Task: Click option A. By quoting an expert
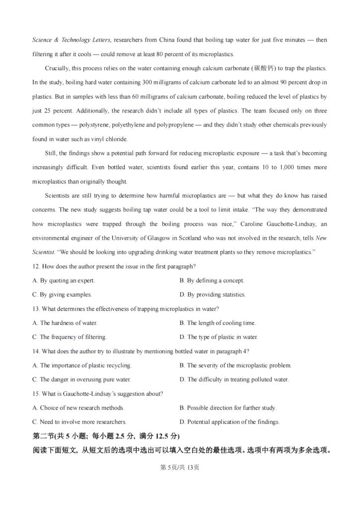(x=64, y=281)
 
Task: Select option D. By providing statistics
(x=213, y=295)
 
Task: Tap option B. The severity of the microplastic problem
(x=235, y=366)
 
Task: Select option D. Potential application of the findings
(x=229, y=422)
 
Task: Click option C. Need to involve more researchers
(x=79, y=422)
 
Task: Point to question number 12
(x=36, y=266)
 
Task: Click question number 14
(x=36, y=351)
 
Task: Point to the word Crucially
(x=58, y=67)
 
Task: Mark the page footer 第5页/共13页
(x=180, y=467)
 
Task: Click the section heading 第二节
(x=43, y=437)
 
